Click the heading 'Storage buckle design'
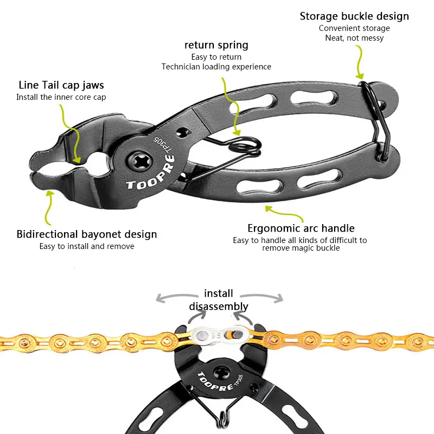click(354, 16)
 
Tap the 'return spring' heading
click(216, 45)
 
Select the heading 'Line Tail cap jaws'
click(61, 85)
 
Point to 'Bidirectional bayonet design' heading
click(87, 234)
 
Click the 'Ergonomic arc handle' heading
click(301, 228)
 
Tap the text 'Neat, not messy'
click(354, 38)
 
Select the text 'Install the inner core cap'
click(61, 97)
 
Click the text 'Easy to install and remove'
click(87, 246)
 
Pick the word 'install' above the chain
click(219, 293)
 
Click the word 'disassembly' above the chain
click(219, 307)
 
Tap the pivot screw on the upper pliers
click(139, 162)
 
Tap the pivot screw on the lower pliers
click(221, 374)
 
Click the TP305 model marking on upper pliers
click(162, 144)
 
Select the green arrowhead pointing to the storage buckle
click(360, 75)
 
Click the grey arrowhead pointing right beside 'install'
click(279, 298)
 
